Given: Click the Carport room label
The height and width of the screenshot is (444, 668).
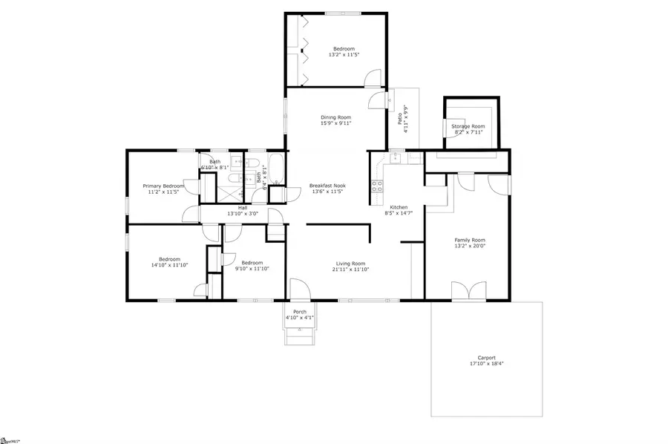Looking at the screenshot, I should pyautogui.click(x=487, y=358).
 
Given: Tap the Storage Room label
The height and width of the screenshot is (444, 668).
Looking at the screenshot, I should pyautogui.click(x=468, y=127).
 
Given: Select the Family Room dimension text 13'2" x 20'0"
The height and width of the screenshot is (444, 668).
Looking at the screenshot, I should pyautogui.click(x=469, y=247).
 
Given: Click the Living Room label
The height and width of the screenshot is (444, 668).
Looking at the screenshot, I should pyautogui.click(x=350, y=263).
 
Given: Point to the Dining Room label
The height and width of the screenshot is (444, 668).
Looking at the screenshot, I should pyautogui.click(x=335, y=117).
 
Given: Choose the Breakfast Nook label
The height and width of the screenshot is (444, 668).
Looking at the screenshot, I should pyautogui.click(x=327, y=185).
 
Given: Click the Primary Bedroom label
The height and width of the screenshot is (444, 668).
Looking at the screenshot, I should pyautogui.click(x=163, y=186).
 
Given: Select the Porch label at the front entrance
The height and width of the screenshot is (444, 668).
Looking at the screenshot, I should pyautogui.click(x=300, y=312).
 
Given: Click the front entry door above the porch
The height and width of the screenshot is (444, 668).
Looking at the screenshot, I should pyautogui.click(x=299, y=290).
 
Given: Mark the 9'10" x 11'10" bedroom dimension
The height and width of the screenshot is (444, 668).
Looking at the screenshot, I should pyautogui.click(x=252, y=268).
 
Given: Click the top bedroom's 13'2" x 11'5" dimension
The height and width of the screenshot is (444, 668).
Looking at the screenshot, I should pyautogui.click(x=344, y=55).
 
